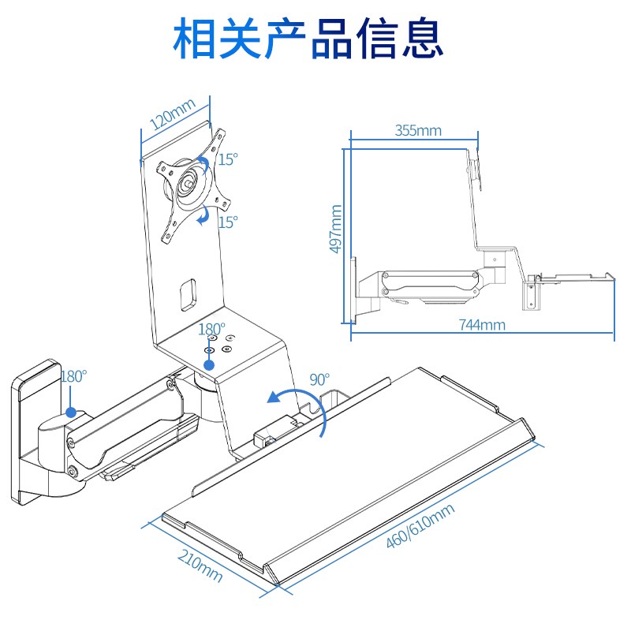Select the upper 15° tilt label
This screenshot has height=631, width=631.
click(228, 159)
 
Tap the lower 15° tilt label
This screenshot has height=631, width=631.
click(228, 222)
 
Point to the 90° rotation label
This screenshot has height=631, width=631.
click(319, 379)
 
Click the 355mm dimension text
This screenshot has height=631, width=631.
click(418, 130)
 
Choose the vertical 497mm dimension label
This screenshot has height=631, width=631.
click(336, 229)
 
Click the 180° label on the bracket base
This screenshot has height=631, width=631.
click(211, 328)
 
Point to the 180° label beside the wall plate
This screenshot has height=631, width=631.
click(73, 376)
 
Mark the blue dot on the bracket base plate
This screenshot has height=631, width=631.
click(209, 364)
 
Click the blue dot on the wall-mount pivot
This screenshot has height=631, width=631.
click(71, 412)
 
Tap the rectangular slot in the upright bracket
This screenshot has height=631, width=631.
click(188, 291)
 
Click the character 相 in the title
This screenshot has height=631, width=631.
click(197, 38)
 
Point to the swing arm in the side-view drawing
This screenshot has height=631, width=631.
click(430, 283)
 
